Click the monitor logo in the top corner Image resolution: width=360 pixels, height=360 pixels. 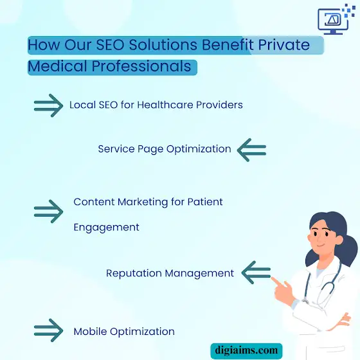pos(336,19)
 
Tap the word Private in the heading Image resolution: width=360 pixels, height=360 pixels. pos(284,44)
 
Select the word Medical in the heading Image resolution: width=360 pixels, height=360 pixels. pos(57,66)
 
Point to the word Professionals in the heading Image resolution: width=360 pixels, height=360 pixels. pos(141,66)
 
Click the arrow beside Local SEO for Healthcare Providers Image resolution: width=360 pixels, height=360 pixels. pos(48,105)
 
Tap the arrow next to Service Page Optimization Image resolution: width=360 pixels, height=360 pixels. pos(251,150)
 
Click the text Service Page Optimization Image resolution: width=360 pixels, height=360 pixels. pos(165,149)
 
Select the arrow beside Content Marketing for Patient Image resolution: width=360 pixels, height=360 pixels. pos(48,212)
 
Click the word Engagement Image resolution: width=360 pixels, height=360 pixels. pos(106,228)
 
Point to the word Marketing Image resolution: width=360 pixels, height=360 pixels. pos(143,202)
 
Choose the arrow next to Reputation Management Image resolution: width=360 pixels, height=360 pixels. pos(256,273)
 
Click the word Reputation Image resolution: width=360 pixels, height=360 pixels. pos(134,273)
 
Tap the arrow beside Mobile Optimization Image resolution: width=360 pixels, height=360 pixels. pos(48,330)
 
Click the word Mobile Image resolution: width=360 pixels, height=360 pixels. pos(90,331)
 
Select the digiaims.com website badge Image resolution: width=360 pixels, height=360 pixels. pos(246,351)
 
